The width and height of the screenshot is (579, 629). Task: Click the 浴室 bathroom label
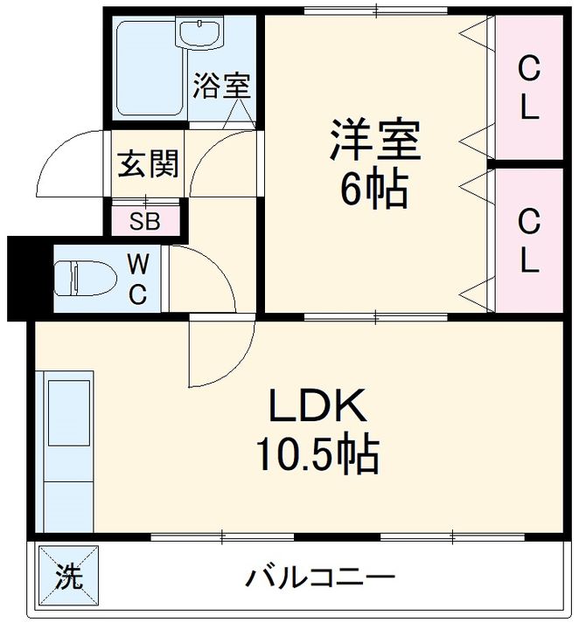tap(222, 86)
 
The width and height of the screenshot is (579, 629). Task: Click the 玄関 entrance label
tap(149, 163)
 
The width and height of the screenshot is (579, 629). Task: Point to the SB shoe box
tap(145, 220)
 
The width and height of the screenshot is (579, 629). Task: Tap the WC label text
tap(138, 279)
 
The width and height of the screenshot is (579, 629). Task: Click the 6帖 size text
tap(374, 190)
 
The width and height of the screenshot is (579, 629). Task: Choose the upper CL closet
tap(527, 86)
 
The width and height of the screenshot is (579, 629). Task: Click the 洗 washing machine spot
tap(66, 577)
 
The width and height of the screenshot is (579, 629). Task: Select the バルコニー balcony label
tap(319, 577)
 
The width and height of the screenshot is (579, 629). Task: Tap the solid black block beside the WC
tap(19, 278)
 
